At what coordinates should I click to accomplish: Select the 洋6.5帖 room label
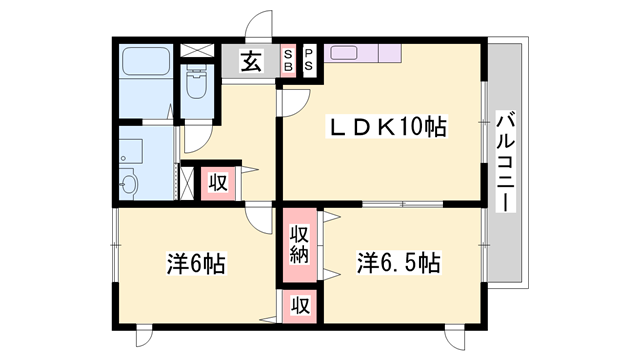click(x=398, y=264)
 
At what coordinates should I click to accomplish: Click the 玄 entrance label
click(x=250, y=60)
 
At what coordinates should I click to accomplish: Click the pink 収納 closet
click(x=299, y=246)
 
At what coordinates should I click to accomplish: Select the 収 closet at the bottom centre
click(x=299, y=304)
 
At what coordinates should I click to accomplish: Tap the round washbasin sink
click(x=128, y=184)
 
